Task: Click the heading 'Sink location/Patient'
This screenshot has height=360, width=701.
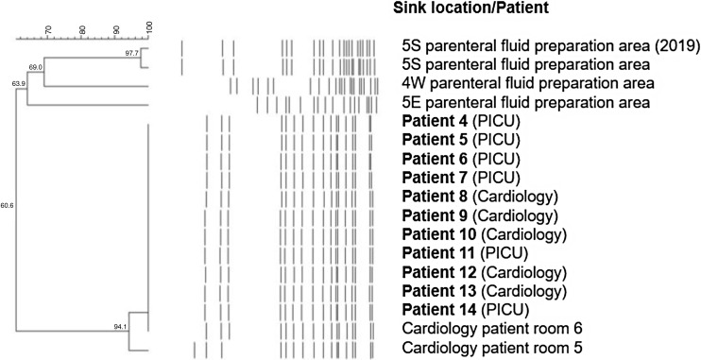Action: [471, 8]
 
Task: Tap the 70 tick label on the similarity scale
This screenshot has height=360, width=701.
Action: [49, 30]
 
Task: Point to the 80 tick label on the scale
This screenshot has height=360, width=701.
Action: [82, 30]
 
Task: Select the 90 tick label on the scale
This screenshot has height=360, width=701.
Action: [116, 30]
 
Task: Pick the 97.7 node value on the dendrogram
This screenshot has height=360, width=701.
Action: [132, 53]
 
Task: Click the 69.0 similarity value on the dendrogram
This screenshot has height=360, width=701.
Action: [35, 67]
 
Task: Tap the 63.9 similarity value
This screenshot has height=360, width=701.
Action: [19, 83]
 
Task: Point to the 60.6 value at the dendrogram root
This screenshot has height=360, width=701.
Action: [8, 206]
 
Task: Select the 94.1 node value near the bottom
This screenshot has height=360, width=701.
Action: [121, 327]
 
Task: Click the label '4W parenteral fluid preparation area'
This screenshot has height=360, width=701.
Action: [528, 84]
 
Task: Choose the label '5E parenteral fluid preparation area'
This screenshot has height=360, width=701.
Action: [526, 103]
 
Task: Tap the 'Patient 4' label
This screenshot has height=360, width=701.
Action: [435, 121]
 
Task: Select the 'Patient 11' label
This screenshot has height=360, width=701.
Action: [438, 253]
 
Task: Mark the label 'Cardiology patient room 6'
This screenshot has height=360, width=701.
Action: [492, 329]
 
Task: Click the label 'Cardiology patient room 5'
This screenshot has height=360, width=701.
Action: [492, 348]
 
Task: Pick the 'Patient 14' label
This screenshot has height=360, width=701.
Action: [438, 310]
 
